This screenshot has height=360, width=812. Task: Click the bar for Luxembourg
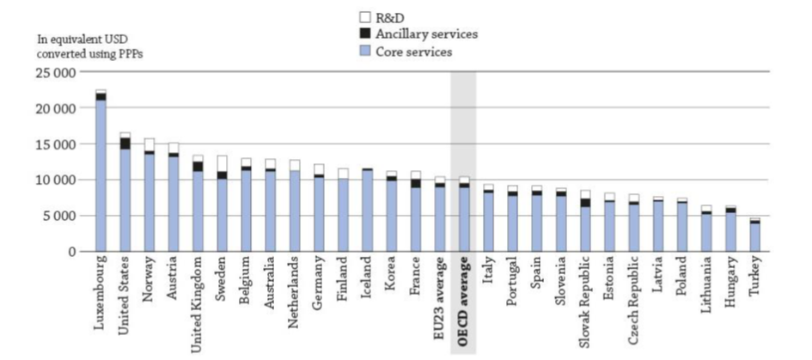click(101, 172)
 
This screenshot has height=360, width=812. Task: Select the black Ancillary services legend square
click(364, 34)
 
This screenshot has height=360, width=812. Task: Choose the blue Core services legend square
click(364, 52)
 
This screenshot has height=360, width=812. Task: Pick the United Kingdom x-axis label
click(197, 302)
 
